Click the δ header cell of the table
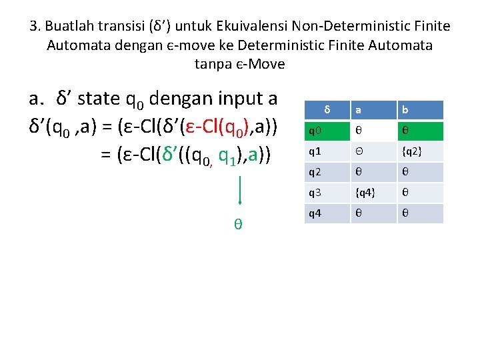pyautogui.click(x=327, y=109)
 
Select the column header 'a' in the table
pyautogui.click(x=374, y=109)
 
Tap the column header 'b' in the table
pyautogui.click(x=420, y=109)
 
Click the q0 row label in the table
pyautogui.click(x=327, y=131)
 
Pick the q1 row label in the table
pyautogui.click(x=327, y=151)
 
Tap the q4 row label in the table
pyautogui.click(x=327, y=213)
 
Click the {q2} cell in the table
pyautogui.click(x=420, y=151)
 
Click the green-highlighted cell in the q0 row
pyautogui.click(x=420, y=131)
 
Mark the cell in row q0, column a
pyautogui.click(x=374, y=131)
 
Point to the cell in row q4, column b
pyautogui.click(x=420, y=213)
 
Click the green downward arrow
pyautogui.click(x=239, y=193)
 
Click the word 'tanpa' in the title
pyautogui.click(x=213, y=64)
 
